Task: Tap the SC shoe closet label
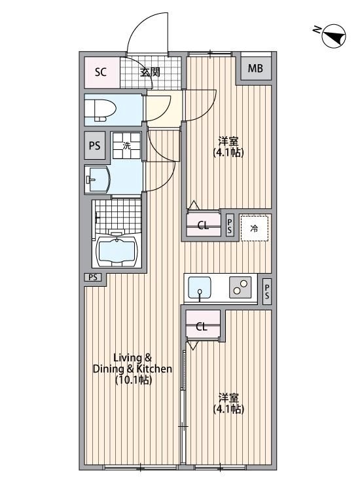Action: coord(101,71)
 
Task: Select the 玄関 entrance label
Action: coord(150,71)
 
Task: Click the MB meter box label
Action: coord(255,68)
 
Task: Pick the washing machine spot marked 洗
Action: coord(127,146)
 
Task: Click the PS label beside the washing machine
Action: coord(94,146)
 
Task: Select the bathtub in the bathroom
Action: coord(117,250)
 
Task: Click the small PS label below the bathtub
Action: coord(93,278)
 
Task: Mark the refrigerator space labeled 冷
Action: coord(255,228)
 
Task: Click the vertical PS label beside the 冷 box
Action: coord(230,227)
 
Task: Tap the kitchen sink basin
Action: coord(200,287)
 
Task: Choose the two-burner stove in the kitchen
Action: coord(239,288)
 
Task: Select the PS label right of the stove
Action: coord(267,292)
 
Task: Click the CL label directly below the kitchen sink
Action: coord(202,327)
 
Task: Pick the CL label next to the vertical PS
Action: coord(204,227)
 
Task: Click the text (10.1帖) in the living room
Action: coord(133,380)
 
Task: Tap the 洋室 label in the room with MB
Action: coord(228,141)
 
